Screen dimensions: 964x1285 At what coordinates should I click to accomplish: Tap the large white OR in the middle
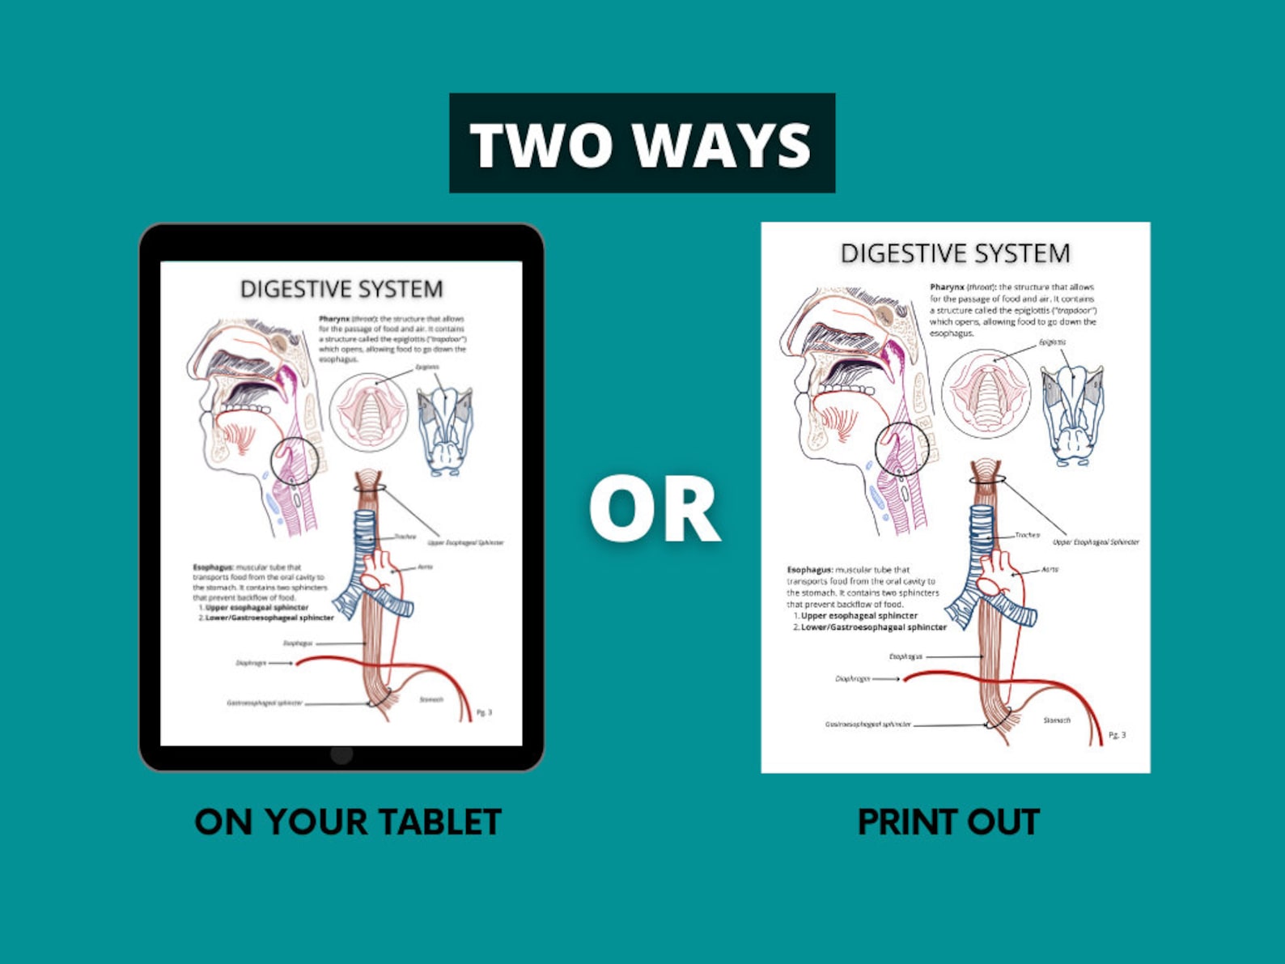coord(654,510)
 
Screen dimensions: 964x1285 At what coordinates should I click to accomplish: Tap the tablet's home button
coord(341,754)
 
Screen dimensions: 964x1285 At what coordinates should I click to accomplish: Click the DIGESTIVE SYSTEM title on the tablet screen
coord(341,289)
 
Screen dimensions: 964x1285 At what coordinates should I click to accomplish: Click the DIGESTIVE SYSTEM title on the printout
coord(955,253)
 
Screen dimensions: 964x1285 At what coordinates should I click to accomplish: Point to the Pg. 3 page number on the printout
coord(1117,735)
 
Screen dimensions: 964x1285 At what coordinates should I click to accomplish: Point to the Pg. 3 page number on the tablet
coord(484,712)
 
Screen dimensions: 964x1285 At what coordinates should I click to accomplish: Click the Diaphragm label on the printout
coord(853,678)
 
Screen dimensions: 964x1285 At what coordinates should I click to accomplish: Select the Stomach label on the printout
coord(1057,720)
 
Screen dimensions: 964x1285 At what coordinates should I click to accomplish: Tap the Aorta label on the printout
coord(1050,569)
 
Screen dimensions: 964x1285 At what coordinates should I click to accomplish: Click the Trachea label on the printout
coord(1027,535)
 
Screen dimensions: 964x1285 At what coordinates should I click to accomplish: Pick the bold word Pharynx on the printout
coord(947,287)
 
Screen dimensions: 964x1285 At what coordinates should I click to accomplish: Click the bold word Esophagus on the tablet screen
coord(213,567)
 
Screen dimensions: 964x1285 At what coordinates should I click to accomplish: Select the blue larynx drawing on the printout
coord(1072,413)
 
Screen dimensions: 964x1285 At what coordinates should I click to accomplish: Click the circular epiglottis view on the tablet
coord(369,411)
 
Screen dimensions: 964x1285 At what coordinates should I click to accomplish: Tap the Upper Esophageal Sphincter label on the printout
coord(1096,541)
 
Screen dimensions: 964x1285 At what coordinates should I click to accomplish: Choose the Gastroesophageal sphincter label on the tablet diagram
coord(265,703)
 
